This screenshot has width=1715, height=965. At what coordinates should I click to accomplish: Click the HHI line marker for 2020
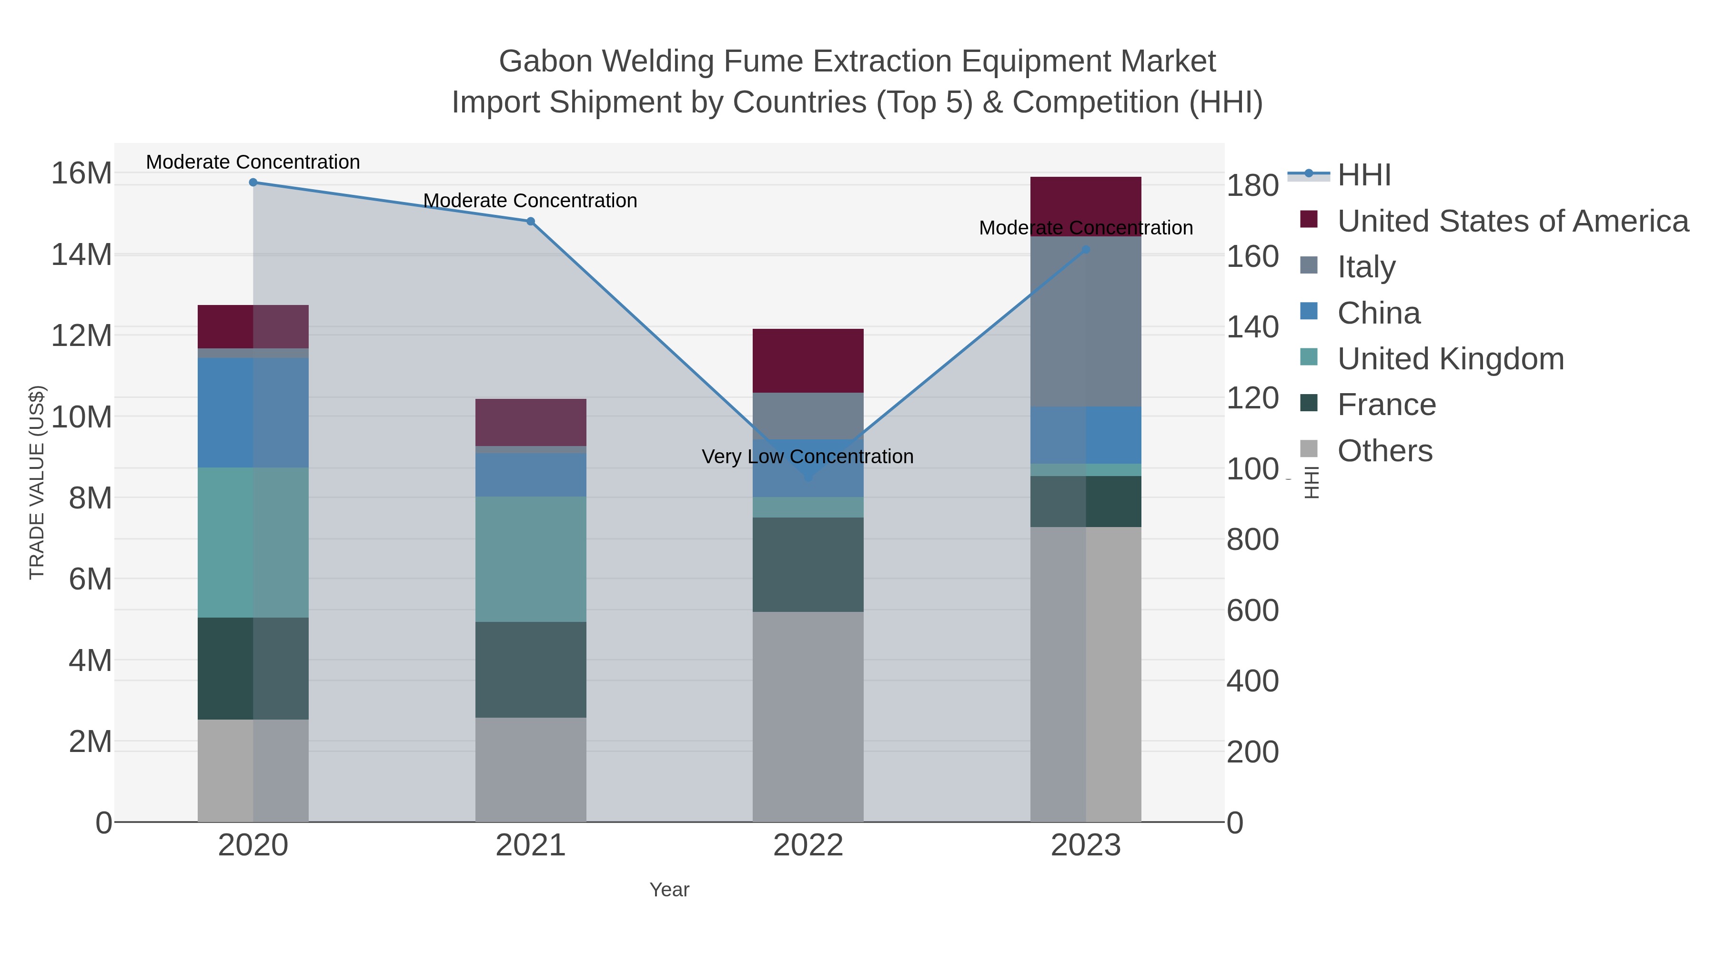coord(253,183)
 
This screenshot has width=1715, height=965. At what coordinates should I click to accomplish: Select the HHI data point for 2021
coord(531,222)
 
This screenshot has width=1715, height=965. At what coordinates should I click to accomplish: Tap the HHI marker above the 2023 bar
coord(1086,250)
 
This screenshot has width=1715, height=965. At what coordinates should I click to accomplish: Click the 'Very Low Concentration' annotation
coord(807,457)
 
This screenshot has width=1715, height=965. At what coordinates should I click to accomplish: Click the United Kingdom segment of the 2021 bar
coord(531,559)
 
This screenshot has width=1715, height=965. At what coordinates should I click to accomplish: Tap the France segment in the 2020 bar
coord(253,669)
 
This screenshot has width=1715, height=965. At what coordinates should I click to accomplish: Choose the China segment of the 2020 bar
coord(253,413)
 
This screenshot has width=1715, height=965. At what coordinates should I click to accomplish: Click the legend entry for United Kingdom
coord(1450,359)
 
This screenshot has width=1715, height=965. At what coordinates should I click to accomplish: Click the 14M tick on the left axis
coord(81,254)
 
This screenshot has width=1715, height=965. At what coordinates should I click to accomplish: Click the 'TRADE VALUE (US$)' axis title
coord(37,482)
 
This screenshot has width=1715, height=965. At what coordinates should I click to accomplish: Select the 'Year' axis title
coord(669,890)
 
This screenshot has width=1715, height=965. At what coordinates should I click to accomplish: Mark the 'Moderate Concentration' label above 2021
coord(531,201)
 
